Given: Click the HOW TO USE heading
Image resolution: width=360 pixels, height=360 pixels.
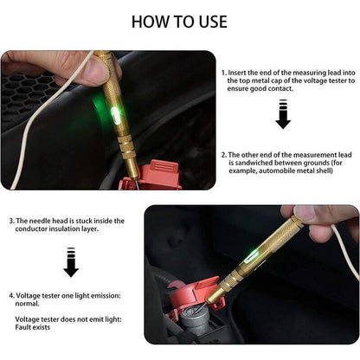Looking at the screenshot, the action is (179, 22).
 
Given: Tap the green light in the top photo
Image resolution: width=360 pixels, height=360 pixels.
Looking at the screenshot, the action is (115, 115).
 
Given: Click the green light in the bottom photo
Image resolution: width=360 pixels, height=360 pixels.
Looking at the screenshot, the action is (250, 257).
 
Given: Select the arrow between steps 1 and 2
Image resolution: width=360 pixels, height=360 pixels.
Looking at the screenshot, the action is (283, 114).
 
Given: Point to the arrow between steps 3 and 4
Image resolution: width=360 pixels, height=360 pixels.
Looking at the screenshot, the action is (71, 262).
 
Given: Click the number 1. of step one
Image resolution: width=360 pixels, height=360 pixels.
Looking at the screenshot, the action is (224, 73).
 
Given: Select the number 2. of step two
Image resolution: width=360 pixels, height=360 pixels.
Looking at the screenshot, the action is (224, 155).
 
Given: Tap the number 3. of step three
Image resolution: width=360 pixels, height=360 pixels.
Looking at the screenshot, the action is (11, 221).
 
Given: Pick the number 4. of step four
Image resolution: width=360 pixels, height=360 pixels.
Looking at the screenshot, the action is (11, 296).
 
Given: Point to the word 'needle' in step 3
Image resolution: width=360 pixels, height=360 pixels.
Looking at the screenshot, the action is (38, 221).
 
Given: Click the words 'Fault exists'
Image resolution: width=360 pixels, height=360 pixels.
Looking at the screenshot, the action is (33, 327).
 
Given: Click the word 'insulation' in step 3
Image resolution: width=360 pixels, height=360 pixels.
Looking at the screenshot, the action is (63, 229).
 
